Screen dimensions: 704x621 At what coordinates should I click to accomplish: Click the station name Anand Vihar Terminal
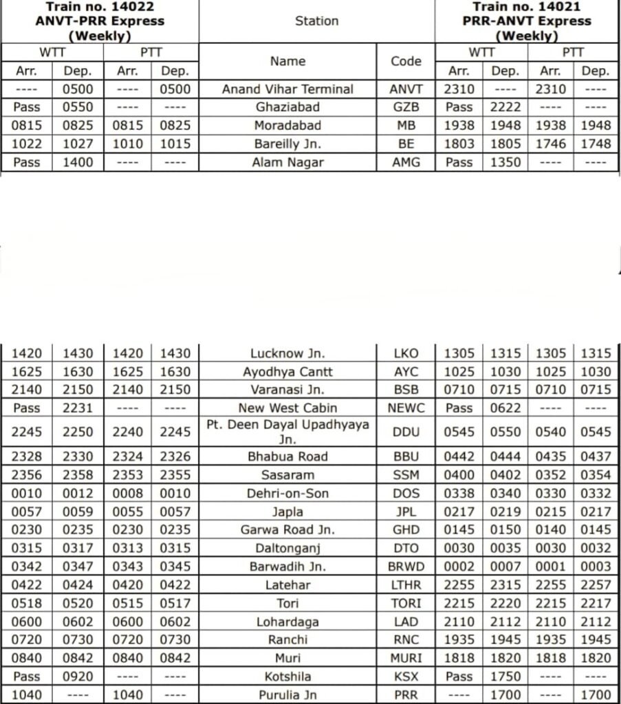pyautogui.click(x=287, y=89)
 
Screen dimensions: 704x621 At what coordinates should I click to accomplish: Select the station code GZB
pyautogui.click(x=406, y=108)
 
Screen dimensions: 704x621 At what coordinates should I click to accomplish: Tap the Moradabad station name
pyautogui.click(x=287, y=126)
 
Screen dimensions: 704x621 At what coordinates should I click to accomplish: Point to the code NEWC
pyautogui.click(x=406, y=408)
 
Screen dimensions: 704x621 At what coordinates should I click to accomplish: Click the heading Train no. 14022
pyautogui.click(x=100, y=8)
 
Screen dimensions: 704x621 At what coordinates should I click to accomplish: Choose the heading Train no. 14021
pyautogui.click(x=527, y=8)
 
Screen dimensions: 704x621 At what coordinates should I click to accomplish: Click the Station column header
pyautogui.click(x=316, y=21)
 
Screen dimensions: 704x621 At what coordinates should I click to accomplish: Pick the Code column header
pyautogui.click(x=406, y=61)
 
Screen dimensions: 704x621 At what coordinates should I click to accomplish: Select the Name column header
pyautogui.click(x=287, y=61)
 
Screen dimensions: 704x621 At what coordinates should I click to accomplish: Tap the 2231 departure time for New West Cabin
pyautogui.click(x=78, y=408)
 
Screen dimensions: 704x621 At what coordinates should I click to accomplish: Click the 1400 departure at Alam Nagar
pyautogui.click(x=78, y=163)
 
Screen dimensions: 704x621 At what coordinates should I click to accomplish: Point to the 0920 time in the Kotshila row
pyautogui.click(x=78, y=676)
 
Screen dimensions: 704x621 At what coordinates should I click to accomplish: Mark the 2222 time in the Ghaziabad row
pyautogui.click(x=505, y=108)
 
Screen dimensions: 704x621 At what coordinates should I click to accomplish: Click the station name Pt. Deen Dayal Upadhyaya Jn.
pyautogui.click(x=287, y=432)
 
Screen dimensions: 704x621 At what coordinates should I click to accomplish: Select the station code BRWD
pyautogui.click(x=406, y=566)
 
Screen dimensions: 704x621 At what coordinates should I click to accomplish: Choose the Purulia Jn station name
pyautogui.click(x=287, y=695)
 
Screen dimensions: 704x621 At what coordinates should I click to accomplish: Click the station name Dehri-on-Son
pyautogui.click(x=287, y=494)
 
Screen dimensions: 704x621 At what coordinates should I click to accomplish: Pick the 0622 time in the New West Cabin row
pyautogui.click(x=505, y=408)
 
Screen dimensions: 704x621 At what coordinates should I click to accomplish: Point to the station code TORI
pyautogui.click(x=406, y=604)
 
